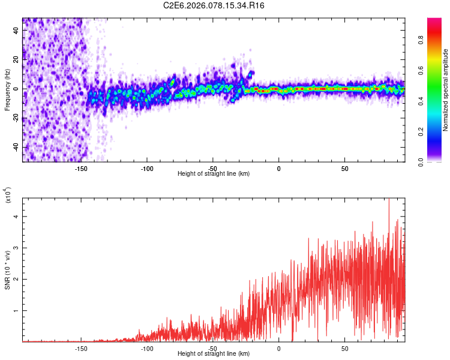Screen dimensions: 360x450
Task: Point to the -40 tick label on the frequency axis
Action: click(x=14, y=148)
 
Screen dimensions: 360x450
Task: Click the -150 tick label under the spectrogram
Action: click(x=81, y=168)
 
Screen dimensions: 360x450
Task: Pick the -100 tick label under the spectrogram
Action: click(x=147, y=168)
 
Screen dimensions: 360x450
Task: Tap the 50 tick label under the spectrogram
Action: click(x=344, y=168)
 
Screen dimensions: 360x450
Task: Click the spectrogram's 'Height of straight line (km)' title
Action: click(x=214, y=174)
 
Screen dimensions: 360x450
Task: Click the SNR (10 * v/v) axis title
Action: click(x=7, y=270)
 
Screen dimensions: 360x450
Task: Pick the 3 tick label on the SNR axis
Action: click(x=16, y=247)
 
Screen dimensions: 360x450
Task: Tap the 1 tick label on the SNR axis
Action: click(x=16, y=311)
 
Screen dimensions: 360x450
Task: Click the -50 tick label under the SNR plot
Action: click(x=213, y=348)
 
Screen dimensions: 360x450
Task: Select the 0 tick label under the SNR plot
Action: click(x=279, y=348)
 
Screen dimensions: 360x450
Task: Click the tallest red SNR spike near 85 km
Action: click(x=389, y=200)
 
